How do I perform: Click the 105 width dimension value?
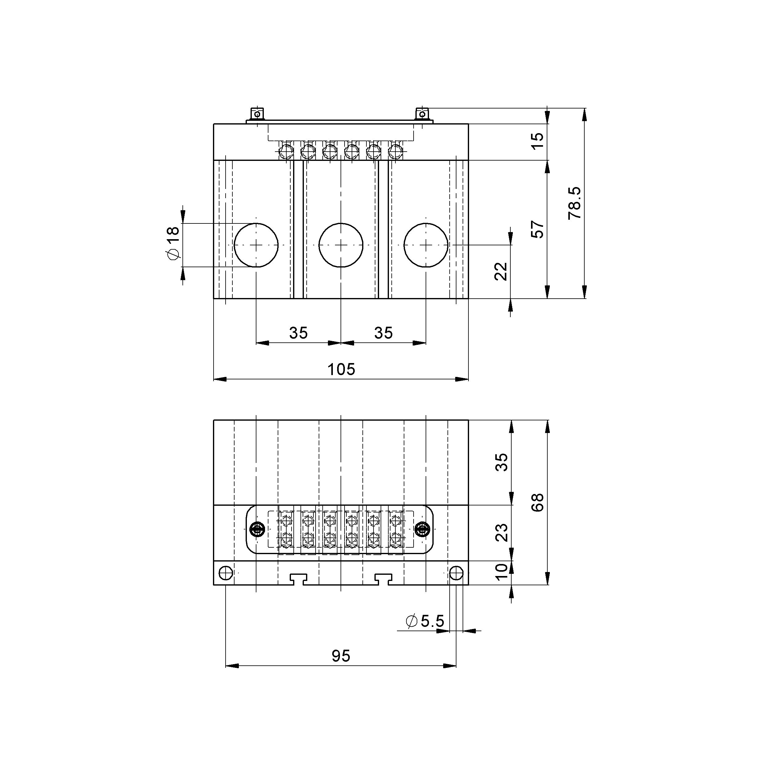pyautogui.click(x=341, y=369)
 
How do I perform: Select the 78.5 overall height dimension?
pyautogui.click(x=574, y=203)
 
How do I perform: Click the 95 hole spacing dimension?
pyautogui.click(x=341, y=656)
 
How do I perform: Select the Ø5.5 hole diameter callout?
pyautogui.click(x=425, y=621)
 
